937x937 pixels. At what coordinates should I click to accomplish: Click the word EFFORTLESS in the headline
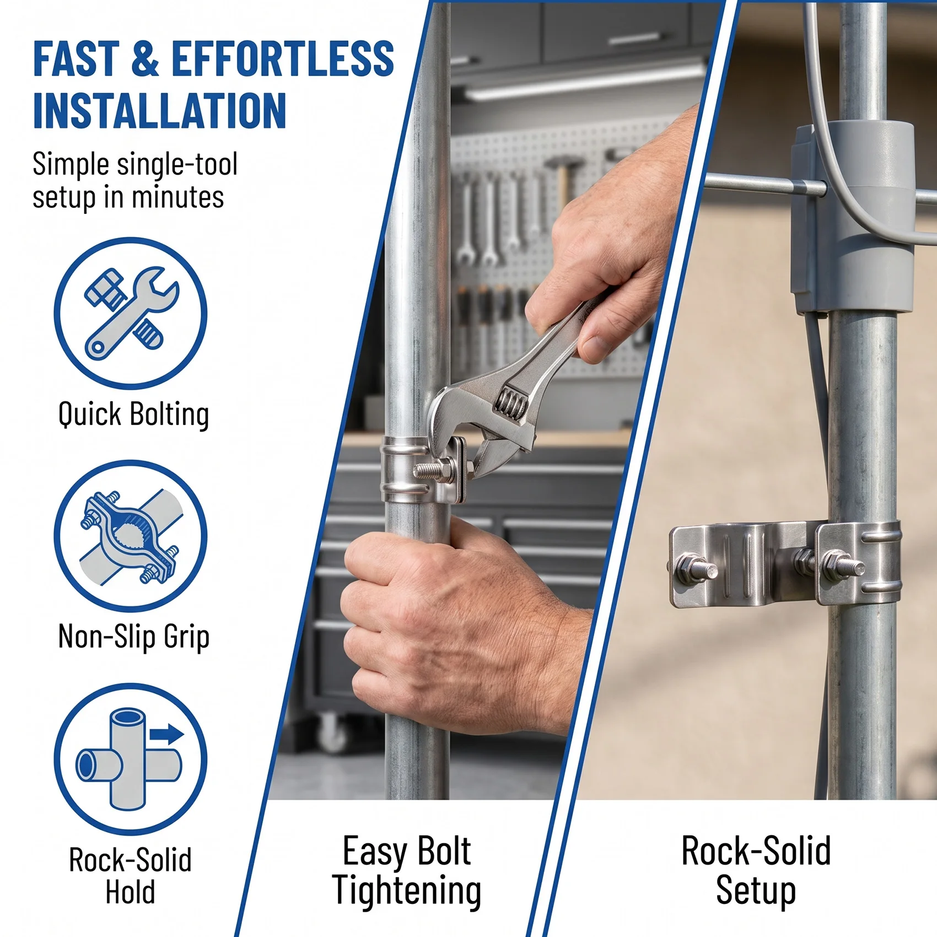tap(283, 58)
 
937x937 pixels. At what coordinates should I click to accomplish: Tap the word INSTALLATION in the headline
tap(160, 111)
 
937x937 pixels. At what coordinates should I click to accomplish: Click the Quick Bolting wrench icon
tap(131, 313)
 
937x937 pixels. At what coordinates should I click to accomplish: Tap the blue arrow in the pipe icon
tap(166, 734)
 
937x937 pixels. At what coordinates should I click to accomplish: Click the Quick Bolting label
tap(133, 414)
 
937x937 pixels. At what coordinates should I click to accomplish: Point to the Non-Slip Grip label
tap(134, 637)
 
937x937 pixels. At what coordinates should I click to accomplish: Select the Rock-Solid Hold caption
tap(130, 875)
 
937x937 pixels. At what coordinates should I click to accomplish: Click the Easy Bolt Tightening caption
tap(407, 871)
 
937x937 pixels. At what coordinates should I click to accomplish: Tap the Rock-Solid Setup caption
tap(756, 871)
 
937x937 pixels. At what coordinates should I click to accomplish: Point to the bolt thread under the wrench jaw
tap(428, 470)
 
